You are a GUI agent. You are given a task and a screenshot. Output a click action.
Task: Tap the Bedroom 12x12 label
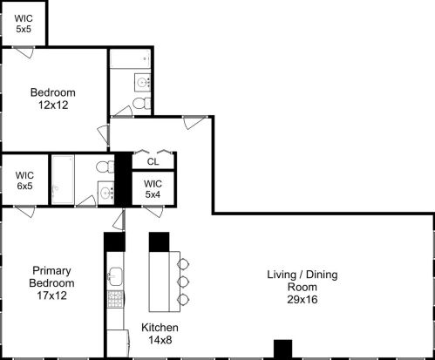click(x=53, y=98)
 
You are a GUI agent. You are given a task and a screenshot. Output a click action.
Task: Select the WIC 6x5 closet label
click(x=24, y=179)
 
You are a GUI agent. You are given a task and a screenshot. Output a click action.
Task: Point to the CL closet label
click(x=153, y=161)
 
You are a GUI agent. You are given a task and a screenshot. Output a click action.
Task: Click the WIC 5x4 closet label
click(x=153, y=189)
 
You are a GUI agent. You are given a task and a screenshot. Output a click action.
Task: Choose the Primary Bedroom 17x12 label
click(x=53, y=282)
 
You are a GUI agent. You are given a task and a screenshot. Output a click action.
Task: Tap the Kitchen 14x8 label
click(x=160, y=333)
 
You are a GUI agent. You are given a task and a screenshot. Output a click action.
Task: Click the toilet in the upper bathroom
click(x=140, y=105)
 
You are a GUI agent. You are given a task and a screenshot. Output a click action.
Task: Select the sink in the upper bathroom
click(x=143, y=83)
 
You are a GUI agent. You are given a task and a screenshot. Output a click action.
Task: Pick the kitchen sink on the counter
click(x=113, y=277)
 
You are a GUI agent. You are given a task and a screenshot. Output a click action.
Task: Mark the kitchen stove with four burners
click(x=114, y=301)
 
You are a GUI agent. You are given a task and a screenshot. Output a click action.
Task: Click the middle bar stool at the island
click(x=183, y=282)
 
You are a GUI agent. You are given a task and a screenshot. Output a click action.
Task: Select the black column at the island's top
click(x=158, y=241)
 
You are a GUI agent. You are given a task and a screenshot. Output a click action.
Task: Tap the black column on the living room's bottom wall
click(x=282, y=349)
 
